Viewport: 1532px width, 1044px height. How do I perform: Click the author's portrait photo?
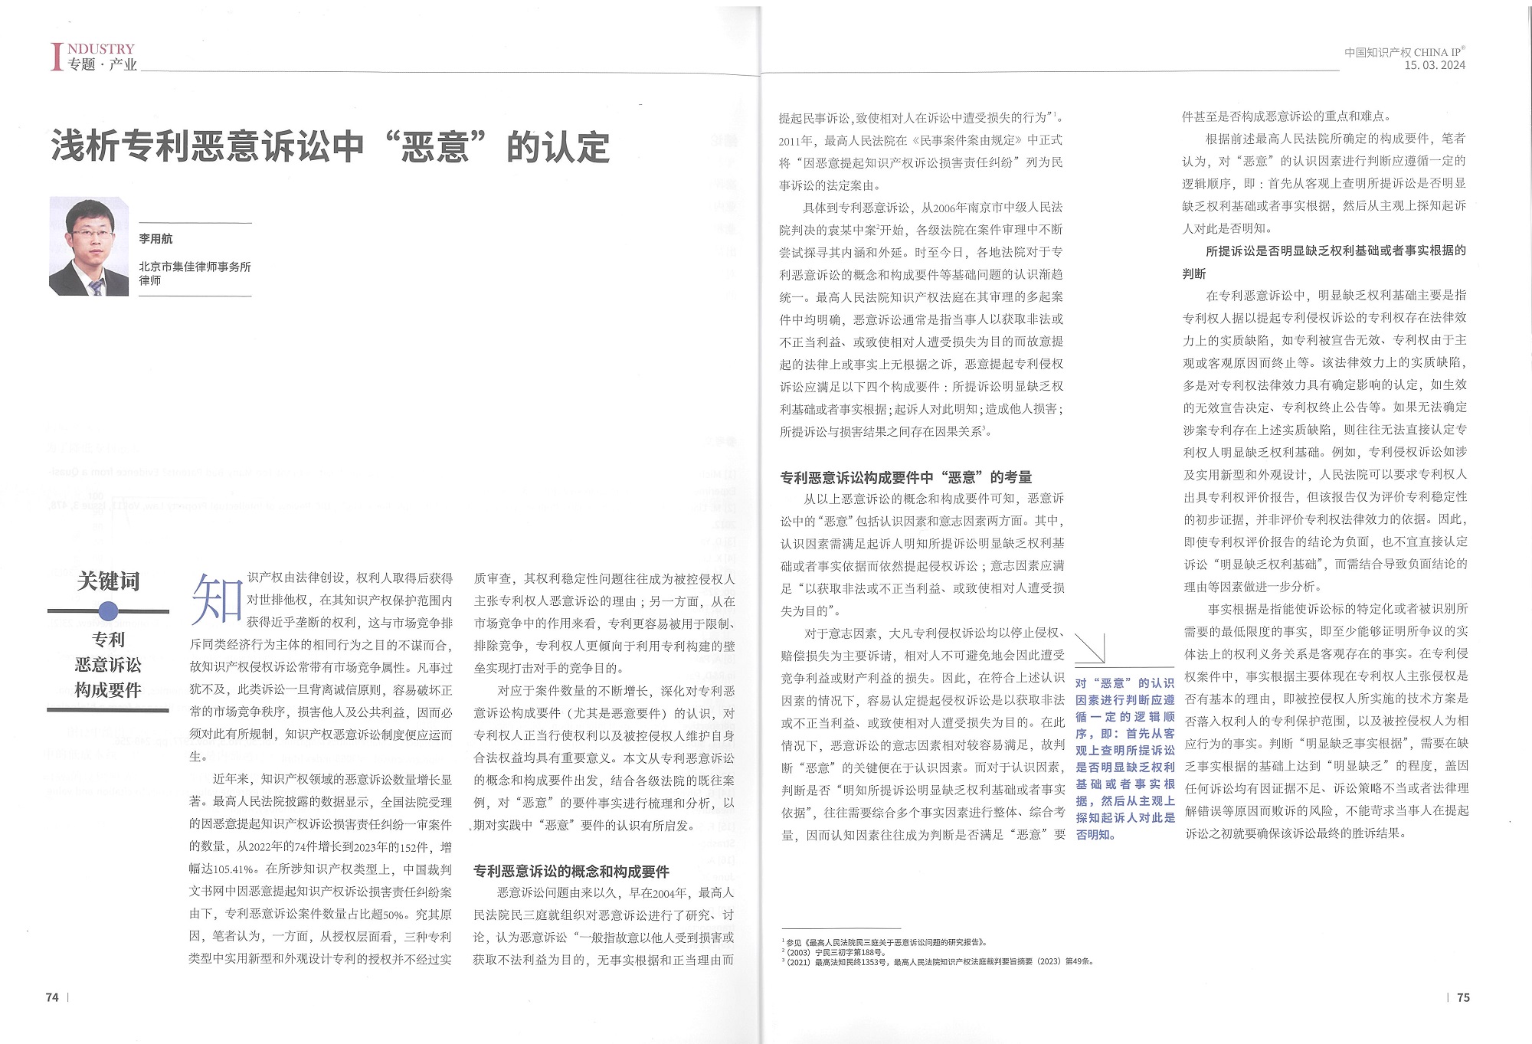[89, 246]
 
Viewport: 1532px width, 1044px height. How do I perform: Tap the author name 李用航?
[155, 239]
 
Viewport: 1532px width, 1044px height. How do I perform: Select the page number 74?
[52, 997]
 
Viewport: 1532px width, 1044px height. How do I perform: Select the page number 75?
[1463, 997]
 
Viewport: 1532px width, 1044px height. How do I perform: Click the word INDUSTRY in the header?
[101, 49]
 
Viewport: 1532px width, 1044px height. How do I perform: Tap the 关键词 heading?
[108, 581]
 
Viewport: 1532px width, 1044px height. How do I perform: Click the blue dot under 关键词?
[109, 611]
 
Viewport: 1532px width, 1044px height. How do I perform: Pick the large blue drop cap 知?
[217, 598]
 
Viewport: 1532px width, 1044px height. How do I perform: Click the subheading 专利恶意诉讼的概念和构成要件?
[571, 872]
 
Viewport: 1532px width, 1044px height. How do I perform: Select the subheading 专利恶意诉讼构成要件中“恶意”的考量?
[905, 478]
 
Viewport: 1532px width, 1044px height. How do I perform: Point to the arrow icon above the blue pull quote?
[1090, 649]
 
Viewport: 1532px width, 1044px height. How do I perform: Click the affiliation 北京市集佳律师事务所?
[195, 267]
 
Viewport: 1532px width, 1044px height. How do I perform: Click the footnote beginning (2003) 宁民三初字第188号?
[834, 952]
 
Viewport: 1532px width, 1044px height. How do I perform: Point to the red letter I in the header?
[56, 57]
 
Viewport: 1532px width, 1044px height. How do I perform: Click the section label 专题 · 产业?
[102, 65]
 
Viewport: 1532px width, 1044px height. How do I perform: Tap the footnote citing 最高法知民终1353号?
[938, 961]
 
